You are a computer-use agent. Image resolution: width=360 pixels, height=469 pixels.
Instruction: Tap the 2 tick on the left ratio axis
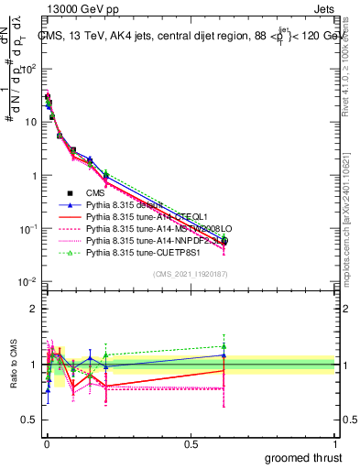pyautogui.click(x=32, y=308)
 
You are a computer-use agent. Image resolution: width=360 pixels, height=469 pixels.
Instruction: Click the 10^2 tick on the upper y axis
pyautogui.click(x=27, y=69)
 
